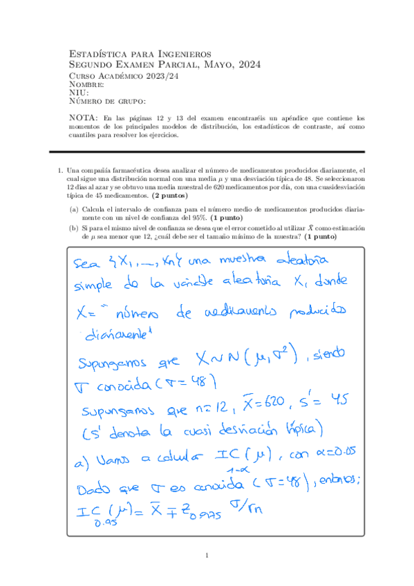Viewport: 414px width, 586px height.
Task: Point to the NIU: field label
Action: pyautogui.click(x=79, y=93)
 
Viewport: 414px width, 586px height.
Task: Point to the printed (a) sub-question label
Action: pyautogui.click(x=73, y=208)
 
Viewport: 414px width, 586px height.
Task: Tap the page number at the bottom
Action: pyautogui.click(x=207, y=555)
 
